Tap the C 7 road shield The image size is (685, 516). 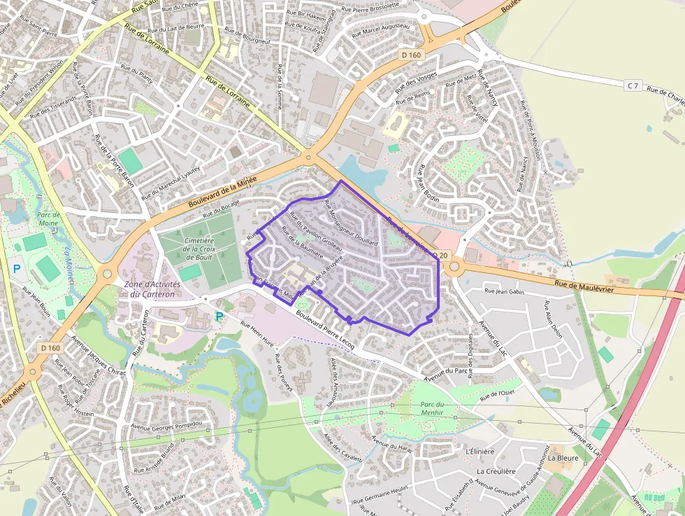[x=633, y=85]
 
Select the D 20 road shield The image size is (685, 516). [x=440, y=256]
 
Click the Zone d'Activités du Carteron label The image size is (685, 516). [x=152, y=289]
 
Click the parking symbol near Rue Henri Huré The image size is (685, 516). [x=219, y=316]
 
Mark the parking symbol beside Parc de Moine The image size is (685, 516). [x=16, y=268]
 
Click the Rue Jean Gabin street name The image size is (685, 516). [x=504, y=291]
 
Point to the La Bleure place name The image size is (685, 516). [x=563, y=458]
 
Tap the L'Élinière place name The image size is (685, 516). [x=480, y=452]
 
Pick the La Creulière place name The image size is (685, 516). [x=496, y=471]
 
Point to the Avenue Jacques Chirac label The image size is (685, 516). [x=98, y=357]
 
